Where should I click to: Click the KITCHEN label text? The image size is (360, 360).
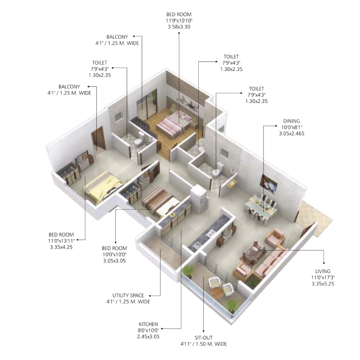148,324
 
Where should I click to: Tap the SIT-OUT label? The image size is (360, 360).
203,338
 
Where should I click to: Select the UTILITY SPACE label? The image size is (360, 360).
128,296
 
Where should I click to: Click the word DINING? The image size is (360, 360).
291,121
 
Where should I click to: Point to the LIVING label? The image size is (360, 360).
323,271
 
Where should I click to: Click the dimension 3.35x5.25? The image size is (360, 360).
323,284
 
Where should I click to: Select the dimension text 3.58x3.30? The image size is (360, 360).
179,27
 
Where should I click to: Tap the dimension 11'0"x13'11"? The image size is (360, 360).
61,241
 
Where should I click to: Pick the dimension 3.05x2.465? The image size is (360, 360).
291,134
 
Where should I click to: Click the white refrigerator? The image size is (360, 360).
199,199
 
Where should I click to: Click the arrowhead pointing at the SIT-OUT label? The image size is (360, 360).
203,331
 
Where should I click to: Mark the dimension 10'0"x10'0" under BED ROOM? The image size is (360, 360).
114,255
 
